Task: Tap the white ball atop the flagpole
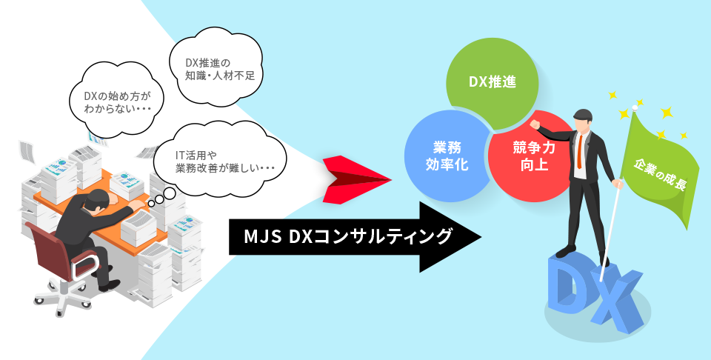634,108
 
